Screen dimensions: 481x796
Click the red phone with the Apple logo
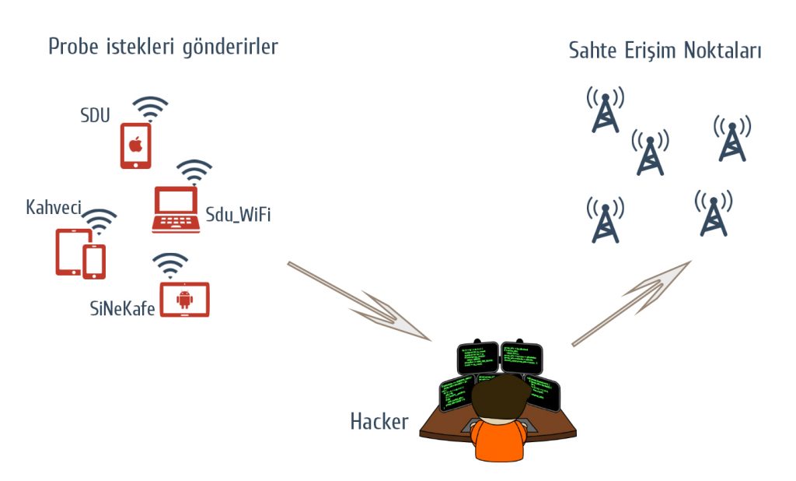pos(135,146)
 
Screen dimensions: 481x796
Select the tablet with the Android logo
pos(184,300)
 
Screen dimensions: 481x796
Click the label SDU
pos(96,116)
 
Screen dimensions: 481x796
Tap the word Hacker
pos(379,422)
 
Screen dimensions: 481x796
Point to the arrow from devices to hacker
pos(359,301)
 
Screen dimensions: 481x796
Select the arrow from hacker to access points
pos(631,303)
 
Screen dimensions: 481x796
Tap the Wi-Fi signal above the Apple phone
pos(150,109)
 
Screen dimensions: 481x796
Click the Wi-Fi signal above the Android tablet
pos(170,265)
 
